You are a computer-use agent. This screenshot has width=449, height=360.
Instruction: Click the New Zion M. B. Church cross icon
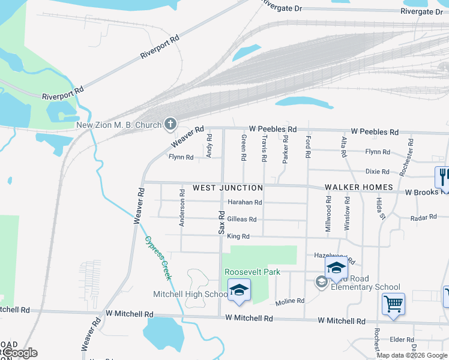[170, 125]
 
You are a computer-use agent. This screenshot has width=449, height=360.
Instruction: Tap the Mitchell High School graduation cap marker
[239, 290]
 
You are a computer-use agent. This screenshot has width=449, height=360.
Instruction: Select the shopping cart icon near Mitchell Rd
[393, 304]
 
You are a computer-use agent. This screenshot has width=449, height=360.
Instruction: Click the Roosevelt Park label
[253, 272]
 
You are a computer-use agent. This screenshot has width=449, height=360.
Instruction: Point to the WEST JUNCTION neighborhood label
[228, 188]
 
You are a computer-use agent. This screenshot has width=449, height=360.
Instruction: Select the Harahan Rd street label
[244, 203]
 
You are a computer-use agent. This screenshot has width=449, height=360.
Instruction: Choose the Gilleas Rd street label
[242, 220]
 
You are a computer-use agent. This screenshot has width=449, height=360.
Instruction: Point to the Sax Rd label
[221, 222]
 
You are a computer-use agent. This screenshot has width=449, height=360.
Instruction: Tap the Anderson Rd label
[181, 208]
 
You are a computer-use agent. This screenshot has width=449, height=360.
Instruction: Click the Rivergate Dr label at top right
[426, 11]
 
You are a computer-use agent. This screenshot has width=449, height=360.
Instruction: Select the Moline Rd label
[291, 301]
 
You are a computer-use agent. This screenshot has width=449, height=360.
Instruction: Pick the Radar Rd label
[423, 218]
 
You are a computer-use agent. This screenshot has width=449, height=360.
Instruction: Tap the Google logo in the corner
[19, 353]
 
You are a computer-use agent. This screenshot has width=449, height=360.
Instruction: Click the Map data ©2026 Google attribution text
[412, 355]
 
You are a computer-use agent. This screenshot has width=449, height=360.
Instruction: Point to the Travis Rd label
[264, 148]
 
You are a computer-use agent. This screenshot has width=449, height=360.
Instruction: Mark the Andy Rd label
[209, 145]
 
